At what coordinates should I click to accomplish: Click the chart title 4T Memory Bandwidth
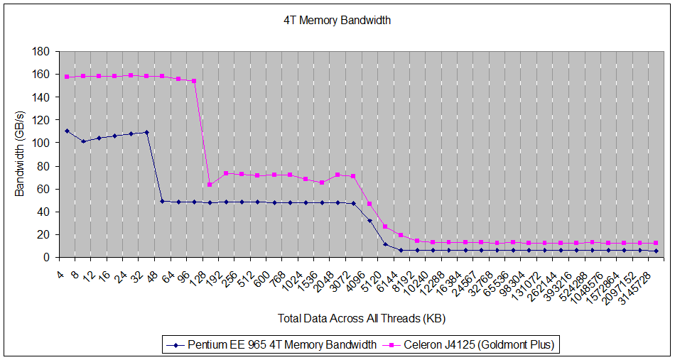(x=337, y=21)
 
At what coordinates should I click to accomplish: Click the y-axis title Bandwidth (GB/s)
(x=21, y=154)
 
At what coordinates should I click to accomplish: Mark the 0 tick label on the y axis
(x=45, y=257)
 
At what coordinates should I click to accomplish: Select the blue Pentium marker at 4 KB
(x=67, y=131)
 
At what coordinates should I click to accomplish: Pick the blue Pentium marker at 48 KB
(x=163, y=201)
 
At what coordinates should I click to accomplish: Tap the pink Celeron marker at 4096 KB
(x=369, y=204)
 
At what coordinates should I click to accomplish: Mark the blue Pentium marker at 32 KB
(x=146, y=132)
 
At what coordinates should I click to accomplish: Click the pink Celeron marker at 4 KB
(x=67, y=77)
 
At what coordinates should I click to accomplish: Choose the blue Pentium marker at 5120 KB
(x=386, y=244)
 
